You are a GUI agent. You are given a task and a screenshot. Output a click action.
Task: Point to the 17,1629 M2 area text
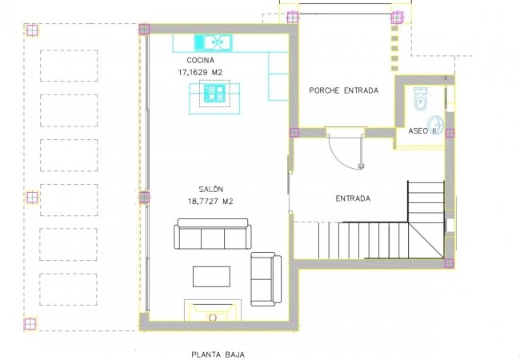click(x=199, y=72)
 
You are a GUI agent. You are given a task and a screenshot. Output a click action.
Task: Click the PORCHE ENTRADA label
click(x=343, y=90)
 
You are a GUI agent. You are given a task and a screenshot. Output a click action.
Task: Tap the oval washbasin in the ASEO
click(x=435, y=124)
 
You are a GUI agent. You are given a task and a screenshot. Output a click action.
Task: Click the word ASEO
click(x=418, y=130)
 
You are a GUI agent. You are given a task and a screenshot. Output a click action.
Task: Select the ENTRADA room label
click(x=353, y=198)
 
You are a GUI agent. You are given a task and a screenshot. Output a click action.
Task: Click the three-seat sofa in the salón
click(x=212, y=237)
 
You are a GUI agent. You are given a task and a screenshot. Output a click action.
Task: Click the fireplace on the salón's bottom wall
click(x=213, y=310)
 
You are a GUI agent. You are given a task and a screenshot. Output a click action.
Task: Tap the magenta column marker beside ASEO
click(x=450, y=133)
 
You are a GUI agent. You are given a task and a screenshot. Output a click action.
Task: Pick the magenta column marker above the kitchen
click(x=144, y=30)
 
